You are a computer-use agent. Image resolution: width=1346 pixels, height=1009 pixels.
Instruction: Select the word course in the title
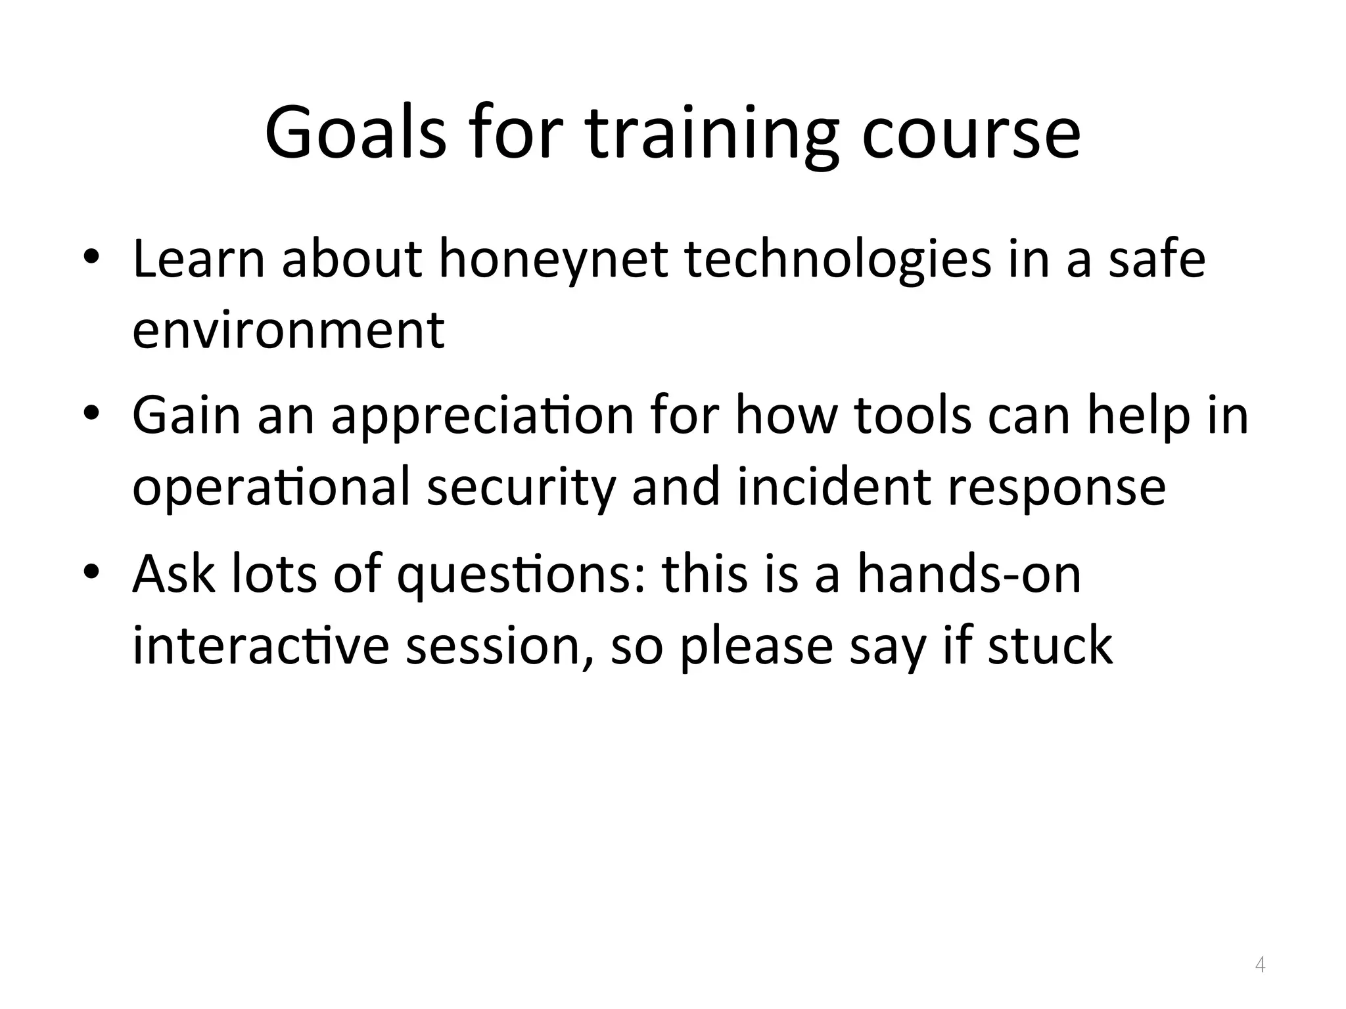[971, 135]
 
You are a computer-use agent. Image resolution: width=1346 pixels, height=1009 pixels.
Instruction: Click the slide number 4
[1260, 965]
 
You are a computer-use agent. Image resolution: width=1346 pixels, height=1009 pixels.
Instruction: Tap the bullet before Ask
[91, 571]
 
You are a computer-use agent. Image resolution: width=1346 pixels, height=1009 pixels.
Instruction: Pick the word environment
[289, 330]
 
